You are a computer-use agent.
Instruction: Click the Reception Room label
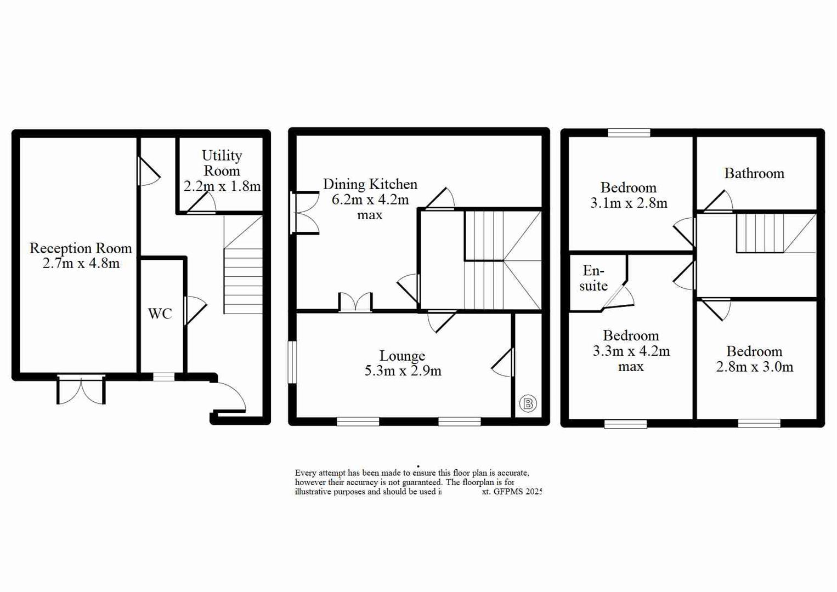click(x=81, y=248)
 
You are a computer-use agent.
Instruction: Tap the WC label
click(x=160, y=314)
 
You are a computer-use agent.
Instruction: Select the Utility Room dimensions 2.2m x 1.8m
click(x=222, y=186)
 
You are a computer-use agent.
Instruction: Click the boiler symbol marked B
click(x=528, y=404)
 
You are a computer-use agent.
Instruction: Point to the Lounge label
click(x=402, y=356)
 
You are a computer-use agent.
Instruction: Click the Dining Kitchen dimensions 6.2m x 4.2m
click(x=370, y=200)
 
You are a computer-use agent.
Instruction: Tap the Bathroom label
click(x=754, y=174)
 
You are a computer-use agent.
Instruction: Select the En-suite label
click(x=593, y=278)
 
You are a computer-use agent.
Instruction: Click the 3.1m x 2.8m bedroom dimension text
click(x=629, y=203)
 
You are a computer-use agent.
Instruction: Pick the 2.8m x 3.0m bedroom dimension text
click(x=754, y=367)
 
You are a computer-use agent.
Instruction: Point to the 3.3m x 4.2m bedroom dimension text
click(x=631, y=351)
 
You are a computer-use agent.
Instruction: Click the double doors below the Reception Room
click(x=81, y=390)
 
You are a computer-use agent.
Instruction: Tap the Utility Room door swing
click(x=202, y=204)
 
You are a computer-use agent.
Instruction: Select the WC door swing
click(x=195, y=310)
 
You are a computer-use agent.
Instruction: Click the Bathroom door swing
click(x=719, y=202)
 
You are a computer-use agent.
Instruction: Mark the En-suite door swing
click(x=620, y=297)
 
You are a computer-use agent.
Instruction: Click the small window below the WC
click(x=163, y=377)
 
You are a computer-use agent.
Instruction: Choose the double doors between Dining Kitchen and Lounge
click(x=355, y=303)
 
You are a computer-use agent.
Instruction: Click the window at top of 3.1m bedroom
click(x=629, y=133)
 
